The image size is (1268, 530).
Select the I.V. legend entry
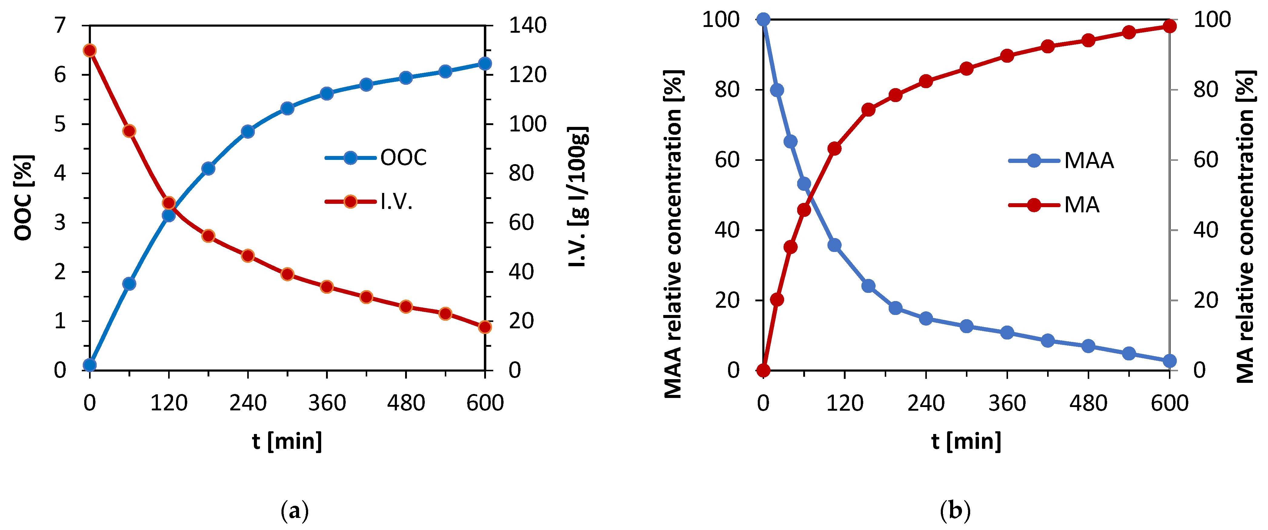point(369,202)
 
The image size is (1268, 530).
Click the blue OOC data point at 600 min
point(485,64)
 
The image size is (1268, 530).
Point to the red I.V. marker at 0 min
point(90,51)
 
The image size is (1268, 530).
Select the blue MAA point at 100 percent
point(764,20)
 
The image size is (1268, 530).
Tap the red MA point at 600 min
point(1170,26)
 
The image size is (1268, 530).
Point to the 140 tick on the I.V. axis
point(527,25)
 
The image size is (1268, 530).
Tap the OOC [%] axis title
point(23,198)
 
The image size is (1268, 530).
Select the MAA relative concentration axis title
point(673,234)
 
